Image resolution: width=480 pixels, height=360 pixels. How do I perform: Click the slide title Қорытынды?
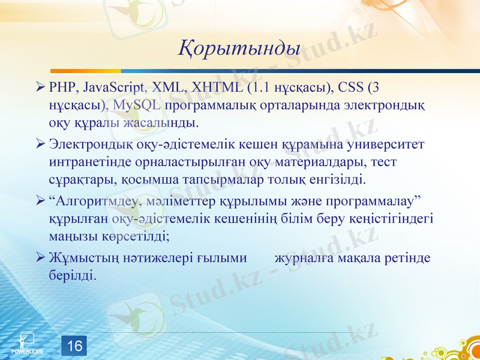point(239,47)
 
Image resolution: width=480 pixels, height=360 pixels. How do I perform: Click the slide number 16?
point(74,346)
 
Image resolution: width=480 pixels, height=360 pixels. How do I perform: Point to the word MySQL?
point(136,106)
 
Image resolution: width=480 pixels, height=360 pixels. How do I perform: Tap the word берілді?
point(71,275)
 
